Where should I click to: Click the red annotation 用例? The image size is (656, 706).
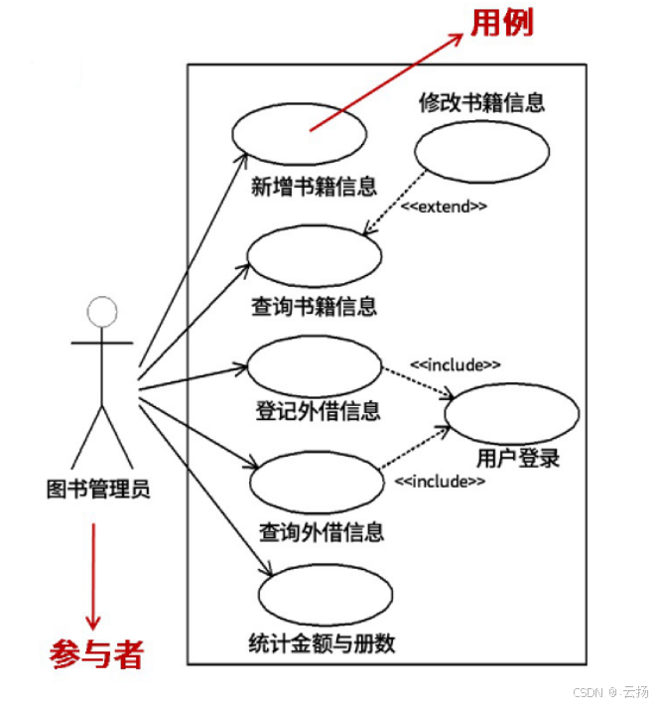pyautogui.click(x=501, y=22)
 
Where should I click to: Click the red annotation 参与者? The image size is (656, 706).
pyautogui.click(x=96, y=653)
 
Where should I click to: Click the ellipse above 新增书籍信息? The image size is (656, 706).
pyautogui.click(x=299, y=133)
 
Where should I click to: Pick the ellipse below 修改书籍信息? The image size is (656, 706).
pyautogui.click(x=481, y=154)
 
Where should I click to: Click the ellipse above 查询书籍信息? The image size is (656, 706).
pyautogui.click(x=315, y=255)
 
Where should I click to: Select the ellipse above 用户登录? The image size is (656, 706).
pyautogui.click(x=512, y=412)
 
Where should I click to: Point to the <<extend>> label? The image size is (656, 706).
pyautogui.click(x=444, y=207)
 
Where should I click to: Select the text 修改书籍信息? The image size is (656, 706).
pyautogui.click(x=481, y=103)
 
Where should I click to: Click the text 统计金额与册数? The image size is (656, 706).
pyautogui.click(x=322, y=643)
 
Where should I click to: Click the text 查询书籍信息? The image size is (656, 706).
pyautogui.click(x=314, y=306)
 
